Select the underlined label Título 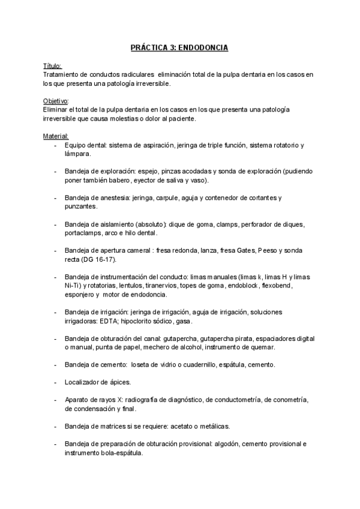(x=53, y=66)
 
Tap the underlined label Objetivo (x=56, y=101)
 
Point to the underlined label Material (x=56, y=136)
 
